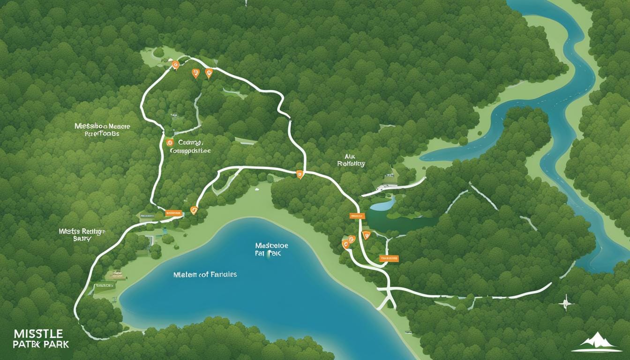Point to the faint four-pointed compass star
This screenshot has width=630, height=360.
[x=567, y=303]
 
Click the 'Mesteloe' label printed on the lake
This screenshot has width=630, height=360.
[x=271, y=245]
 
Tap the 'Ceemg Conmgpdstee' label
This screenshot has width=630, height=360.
[x=189, y=146]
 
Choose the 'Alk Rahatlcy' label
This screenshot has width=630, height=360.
[x=351, y=160]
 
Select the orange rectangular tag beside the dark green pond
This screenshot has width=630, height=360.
[x=357, y=216]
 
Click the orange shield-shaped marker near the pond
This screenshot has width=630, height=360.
[x=367, y=235]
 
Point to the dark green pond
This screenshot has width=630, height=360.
[x=398, y=221]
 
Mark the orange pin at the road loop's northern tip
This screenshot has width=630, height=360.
[x=175, y=65]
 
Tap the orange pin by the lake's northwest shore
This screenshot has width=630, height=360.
[x=194, y=210]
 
